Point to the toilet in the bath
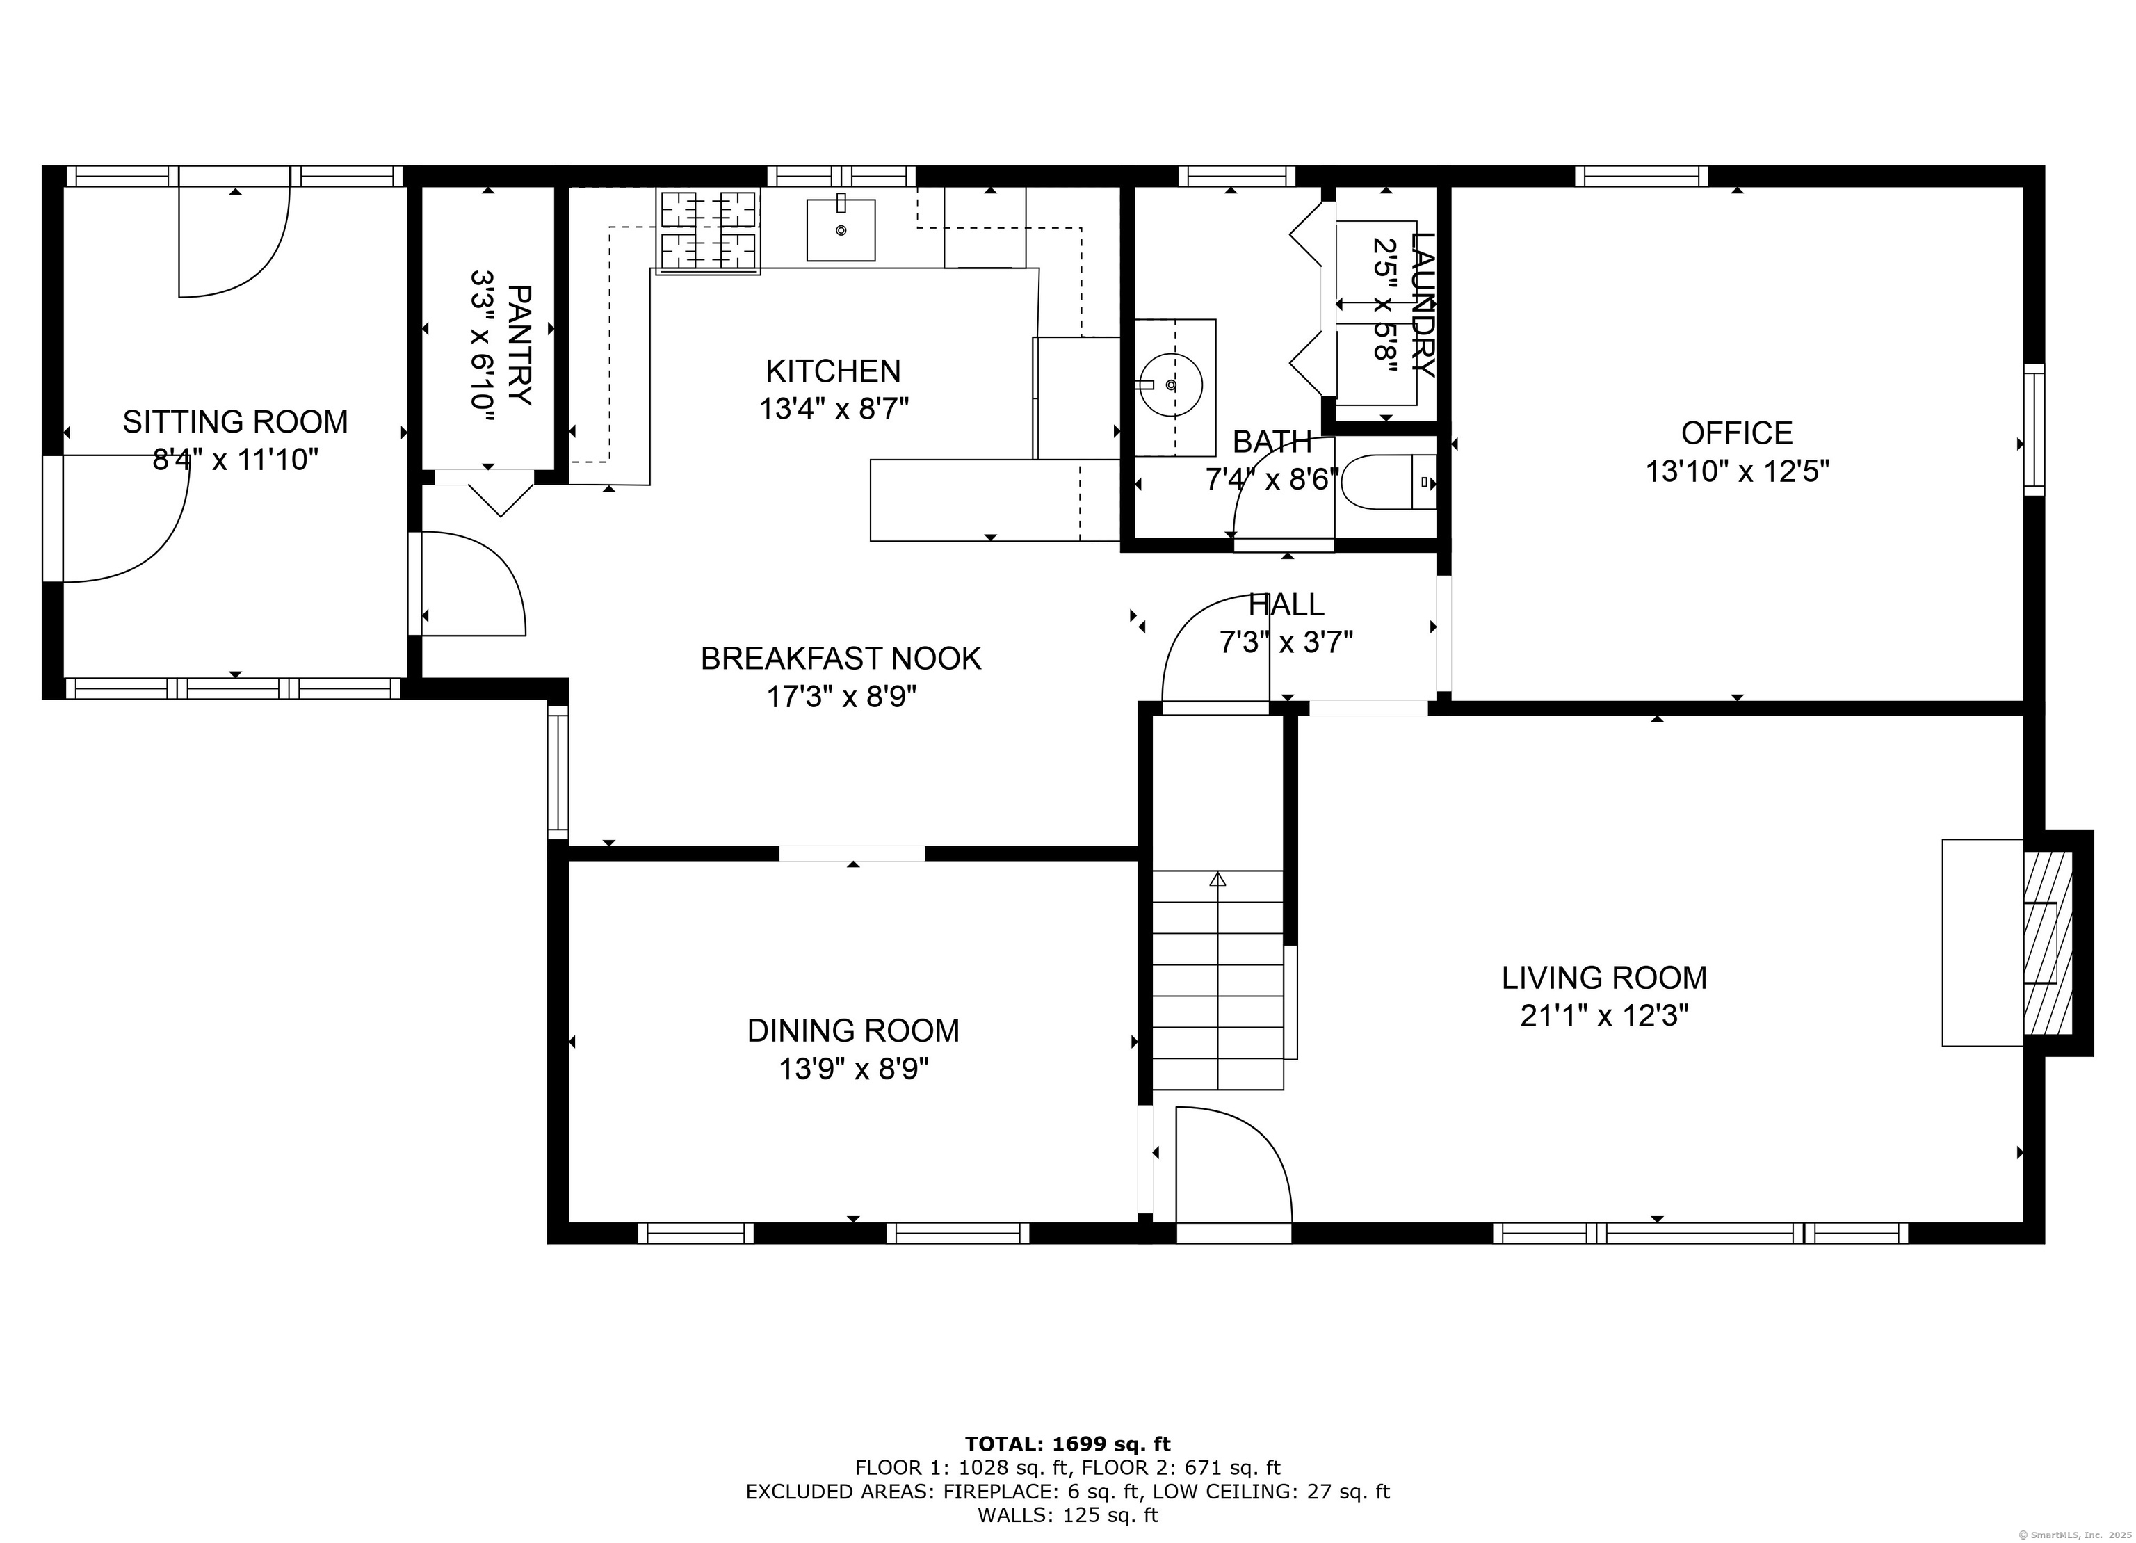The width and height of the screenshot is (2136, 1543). tap(1385, 483)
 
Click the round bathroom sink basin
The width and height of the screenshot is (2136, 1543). tap(1169, 385)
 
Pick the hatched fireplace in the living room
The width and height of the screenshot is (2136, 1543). tap(2048, 943)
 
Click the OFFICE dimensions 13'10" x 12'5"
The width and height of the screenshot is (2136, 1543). tap(1737, 471)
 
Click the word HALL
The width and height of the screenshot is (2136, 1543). tap(1286, 604)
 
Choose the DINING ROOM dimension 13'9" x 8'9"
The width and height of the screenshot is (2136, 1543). tap(853, 1069)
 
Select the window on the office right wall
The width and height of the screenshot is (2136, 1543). tap(2034, 430)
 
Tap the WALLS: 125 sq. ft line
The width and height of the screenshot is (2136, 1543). tap(1067, 1516)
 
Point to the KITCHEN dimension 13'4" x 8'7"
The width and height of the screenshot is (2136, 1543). tap(834, 409)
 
